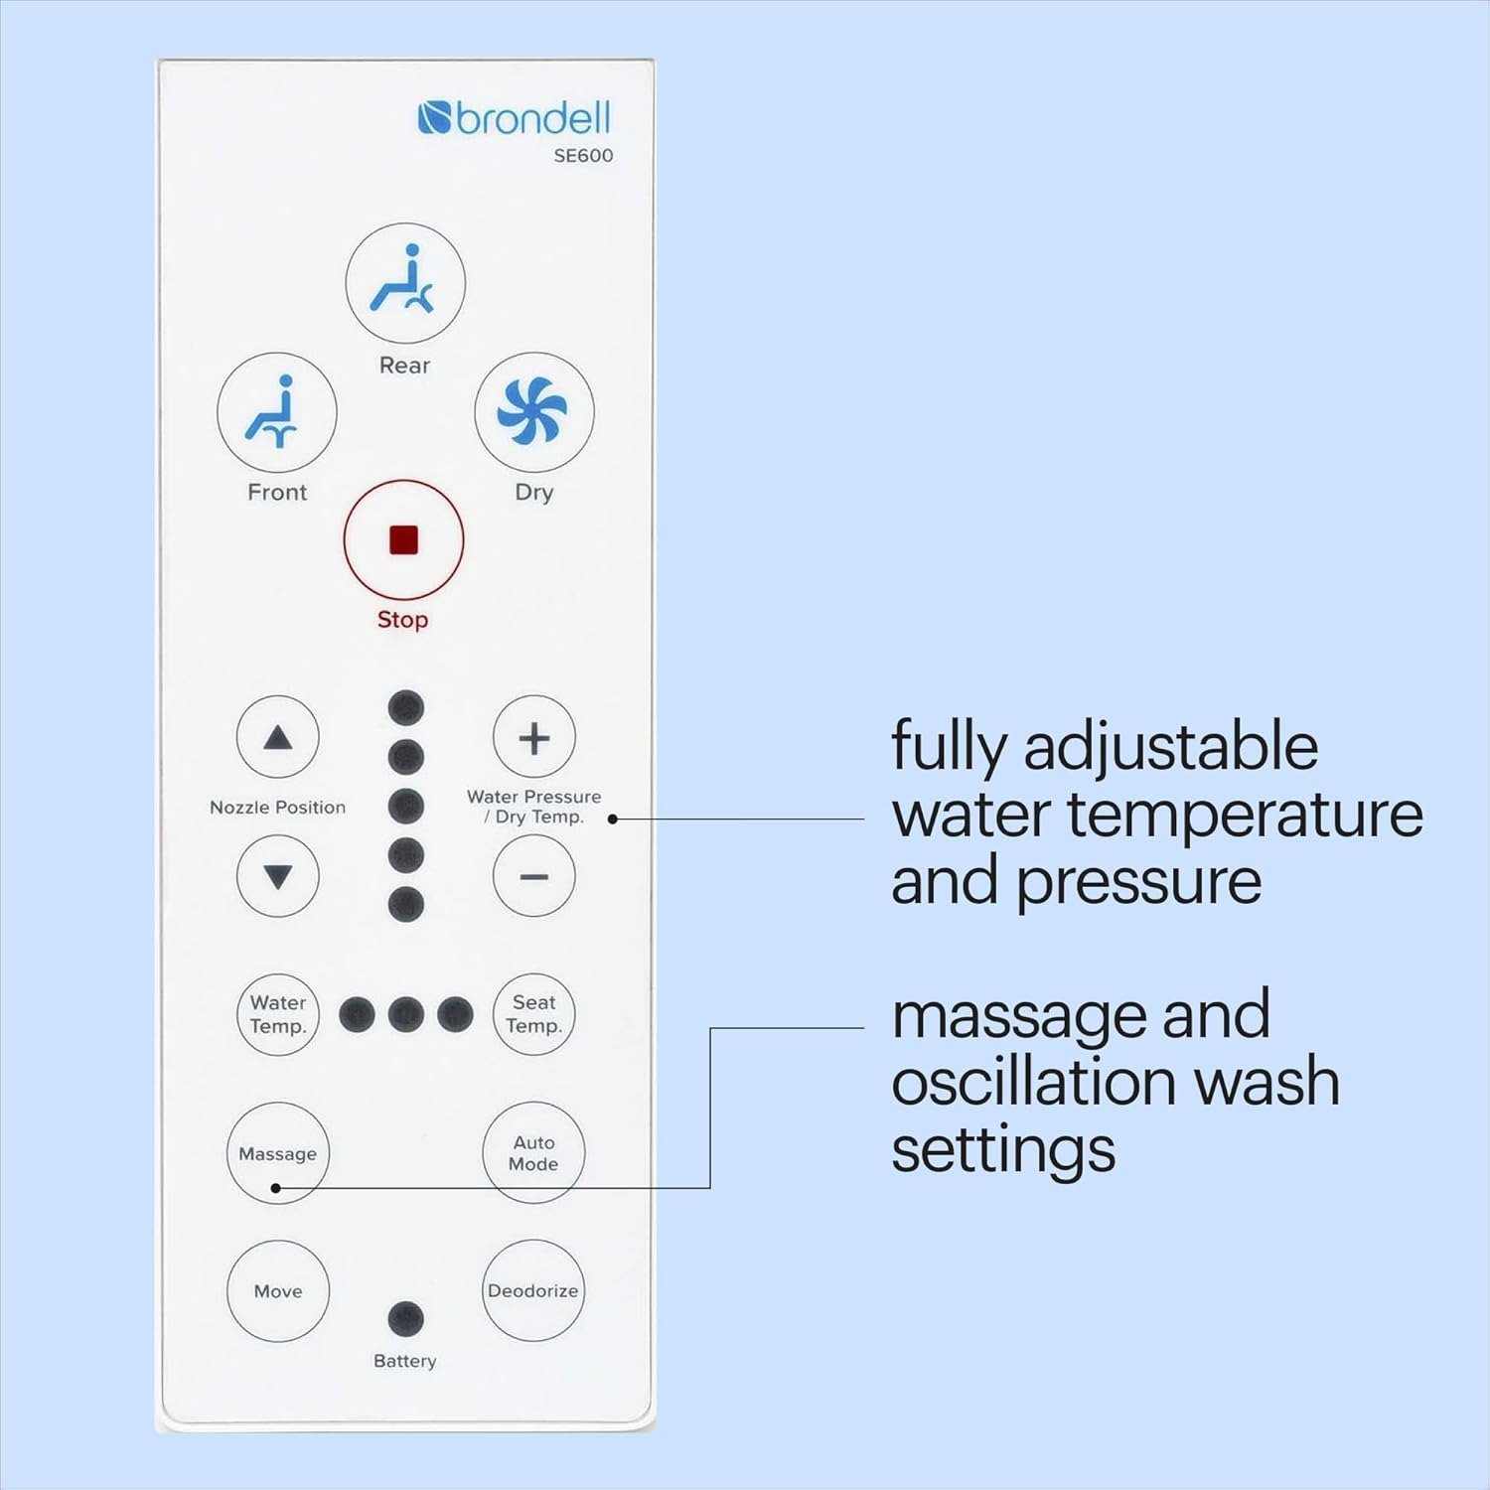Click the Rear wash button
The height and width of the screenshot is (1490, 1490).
point(405,283)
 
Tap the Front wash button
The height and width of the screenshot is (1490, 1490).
point(277,412)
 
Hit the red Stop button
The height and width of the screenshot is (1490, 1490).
point(403,540)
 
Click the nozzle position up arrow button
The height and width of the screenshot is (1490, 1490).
point(278,737)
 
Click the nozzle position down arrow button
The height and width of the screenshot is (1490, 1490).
point(278,876)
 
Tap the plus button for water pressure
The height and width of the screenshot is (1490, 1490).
point(534,737)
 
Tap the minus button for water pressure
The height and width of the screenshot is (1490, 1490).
point(534,876)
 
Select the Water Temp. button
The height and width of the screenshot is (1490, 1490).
point(278,1014)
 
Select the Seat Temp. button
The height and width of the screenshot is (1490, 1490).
point(534,1014)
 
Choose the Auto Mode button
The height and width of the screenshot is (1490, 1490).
point(534,1152)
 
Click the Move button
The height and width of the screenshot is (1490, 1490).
point(278,1291)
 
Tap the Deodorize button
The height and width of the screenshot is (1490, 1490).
point(533,1290)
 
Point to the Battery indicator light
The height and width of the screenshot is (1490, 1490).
point(405,1319)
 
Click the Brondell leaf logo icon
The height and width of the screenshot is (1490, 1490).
point(435,118)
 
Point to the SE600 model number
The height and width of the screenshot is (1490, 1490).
point(583,155)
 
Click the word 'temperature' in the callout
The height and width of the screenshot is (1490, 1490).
point(1246,815)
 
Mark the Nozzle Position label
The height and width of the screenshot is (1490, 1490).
point(278,808)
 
